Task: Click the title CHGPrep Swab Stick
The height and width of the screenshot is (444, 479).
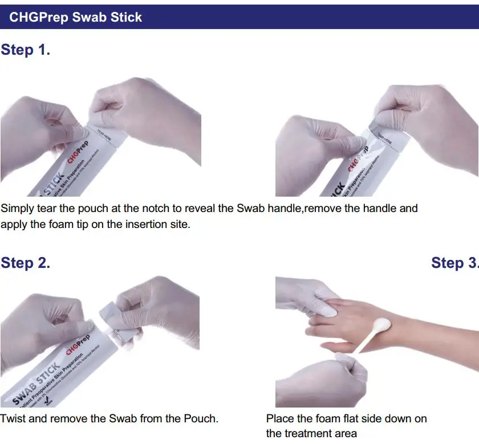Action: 75,17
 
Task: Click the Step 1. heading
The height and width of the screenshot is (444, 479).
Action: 26,50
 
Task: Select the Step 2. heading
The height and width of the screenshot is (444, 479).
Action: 26,263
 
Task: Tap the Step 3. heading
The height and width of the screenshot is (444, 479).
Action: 454,263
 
